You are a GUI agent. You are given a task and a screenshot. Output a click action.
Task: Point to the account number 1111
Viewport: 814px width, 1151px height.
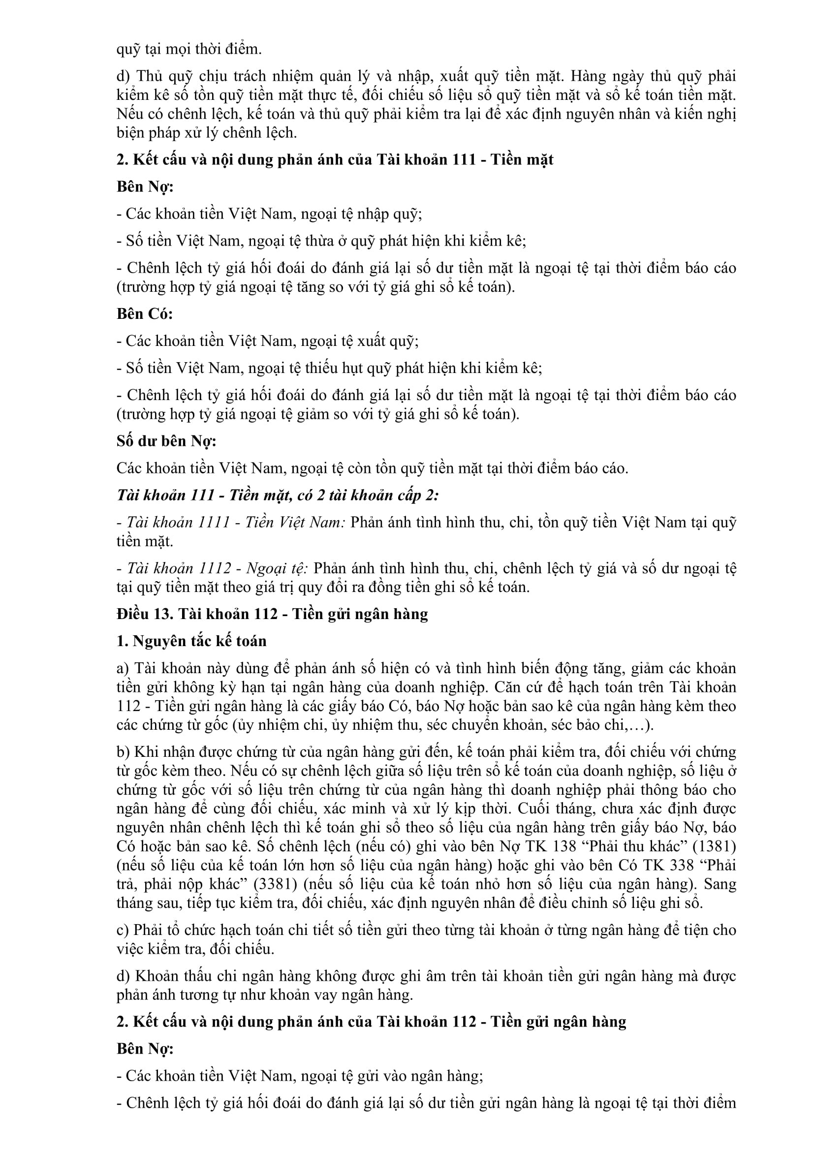211,523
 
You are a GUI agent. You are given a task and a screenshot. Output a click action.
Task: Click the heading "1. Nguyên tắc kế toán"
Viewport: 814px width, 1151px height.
191,641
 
